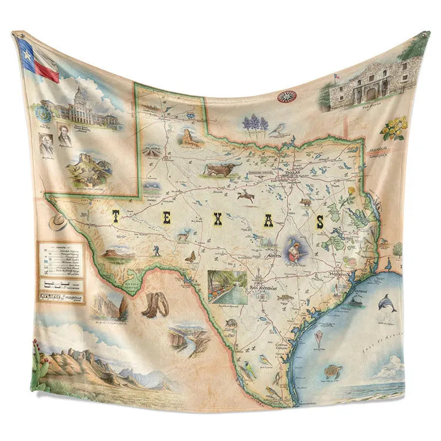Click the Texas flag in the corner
point(38,59)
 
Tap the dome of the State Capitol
point(81,93)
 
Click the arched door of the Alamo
point(371,93)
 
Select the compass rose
point(287,96)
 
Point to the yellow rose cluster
point(393,128)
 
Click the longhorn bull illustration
point(222,170)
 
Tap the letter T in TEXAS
point(115,217)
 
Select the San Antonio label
point(262,287)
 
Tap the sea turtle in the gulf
point(335,371)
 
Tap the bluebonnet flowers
point(255,123)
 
